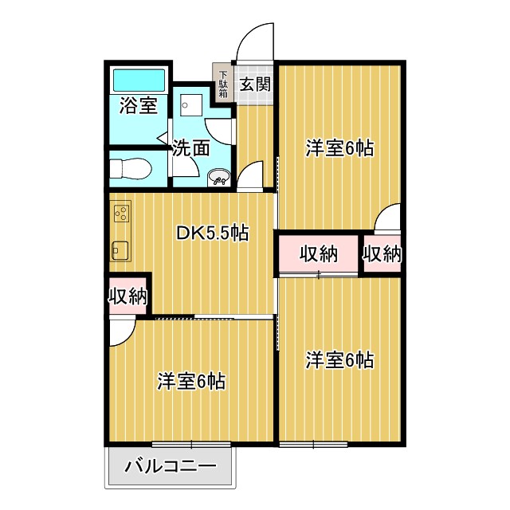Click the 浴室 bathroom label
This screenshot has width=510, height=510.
(138, 105)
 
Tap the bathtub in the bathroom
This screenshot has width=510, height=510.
(139, 80)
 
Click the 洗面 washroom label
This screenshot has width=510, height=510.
(191, 147)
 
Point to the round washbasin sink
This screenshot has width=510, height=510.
(218, 178)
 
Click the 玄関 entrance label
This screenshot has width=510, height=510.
(254, 83)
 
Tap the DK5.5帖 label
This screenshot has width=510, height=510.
(213, 233)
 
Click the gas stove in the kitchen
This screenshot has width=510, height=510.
(121, 213)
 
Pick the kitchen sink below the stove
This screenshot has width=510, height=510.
(120, 249)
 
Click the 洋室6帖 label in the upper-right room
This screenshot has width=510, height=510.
(340, 148)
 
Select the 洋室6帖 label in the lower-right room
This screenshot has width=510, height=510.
(340, 360)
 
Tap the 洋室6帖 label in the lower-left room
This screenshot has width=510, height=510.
(191, 382)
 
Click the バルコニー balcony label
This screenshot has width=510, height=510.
(171, 466)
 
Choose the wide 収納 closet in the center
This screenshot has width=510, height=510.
(318, 254)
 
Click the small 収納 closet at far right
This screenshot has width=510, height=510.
(382, 254)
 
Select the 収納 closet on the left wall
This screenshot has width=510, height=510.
(127, 296)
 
